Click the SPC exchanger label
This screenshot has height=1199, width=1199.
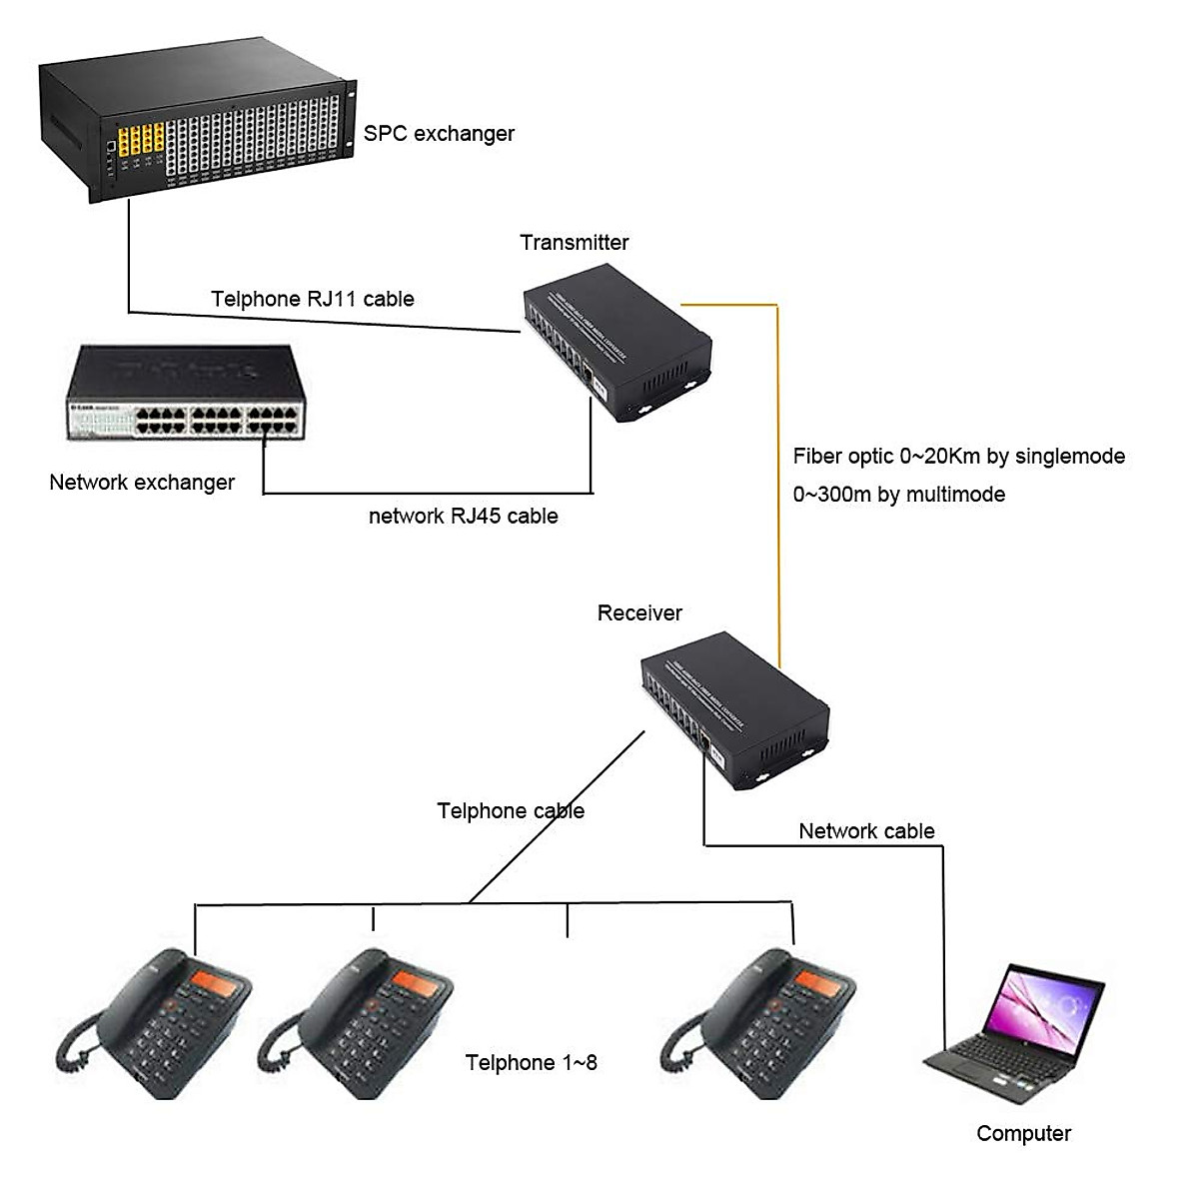pyautogui.click(x=439, y=134)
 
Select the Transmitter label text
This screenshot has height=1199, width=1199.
pyautogui.click(x=574, y=243)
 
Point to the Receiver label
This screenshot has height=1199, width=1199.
pyautogui.click(x=639, y=613)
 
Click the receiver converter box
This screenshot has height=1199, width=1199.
pyautogui.click(x=734, y=709)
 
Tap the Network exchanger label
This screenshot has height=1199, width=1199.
pyautogui.click(x=142, y=483)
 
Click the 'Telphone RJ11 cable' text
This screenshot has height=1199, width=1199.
pyautogui.click(x=312, y=299)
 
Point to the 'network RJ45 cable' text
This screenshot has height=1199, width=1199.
pyautogui.click(x=463, y=517)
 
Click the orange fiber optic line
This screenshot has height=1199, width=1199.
pyautogui.click(x=777, y=480)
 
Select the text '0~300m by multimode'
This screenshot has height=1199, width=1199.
pyautogui.click(x=898, y=495)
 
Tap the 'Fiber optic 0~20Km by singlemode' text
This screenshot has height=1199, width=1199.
pyautogui.click(x=958, y=457)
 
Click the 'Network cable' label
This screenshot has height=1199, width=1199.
pyautogui.click(x=866, y=831)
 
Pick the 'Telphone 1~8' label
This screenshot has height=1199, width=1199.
pyautogui.click(x=531, y=1063)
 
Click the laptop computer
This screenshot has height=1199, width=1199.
pyautogui.click(x=1019, y=1034)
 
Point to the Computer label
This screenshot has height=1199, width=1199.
pyautogui.click(x=1023, y=1134)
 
